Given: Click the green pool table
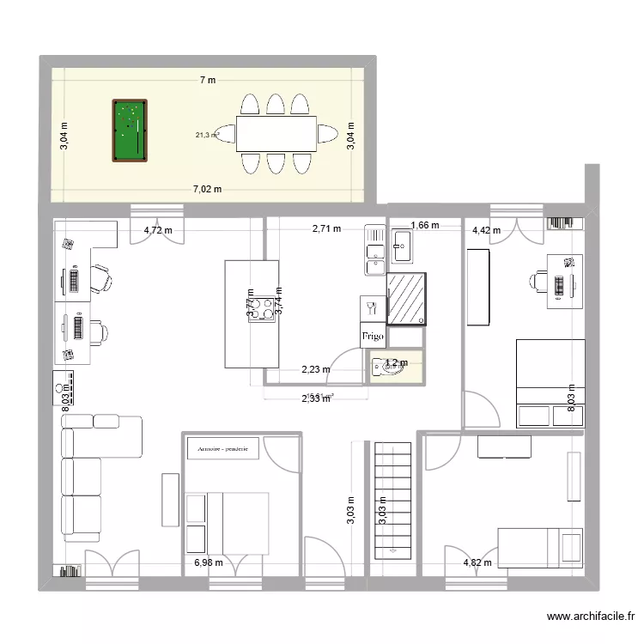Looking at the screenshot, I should pos(130,131).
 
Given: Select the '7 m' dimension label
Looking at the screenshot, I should pos(207,80).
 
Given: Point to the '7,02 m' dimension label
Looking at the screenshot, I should pos(207,189).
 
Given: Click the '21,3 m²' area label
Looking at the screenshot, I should pos(207,134).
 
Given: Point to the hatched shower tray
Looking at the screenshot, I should pos(407,299).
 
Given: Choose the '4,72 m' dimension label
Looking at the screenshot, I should pos(158,230).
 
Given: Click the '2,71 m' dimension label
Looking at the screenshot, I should pos(326,229).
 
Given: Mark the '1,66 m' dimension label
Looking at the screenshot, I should pos(425,226).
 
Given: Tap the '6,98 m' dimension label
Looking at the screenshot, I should pos(209,563).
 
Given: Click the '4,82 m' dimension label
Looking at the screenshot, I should pos(477,563).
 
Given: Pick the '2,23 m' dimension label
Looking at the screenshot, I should pos(315,370).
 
